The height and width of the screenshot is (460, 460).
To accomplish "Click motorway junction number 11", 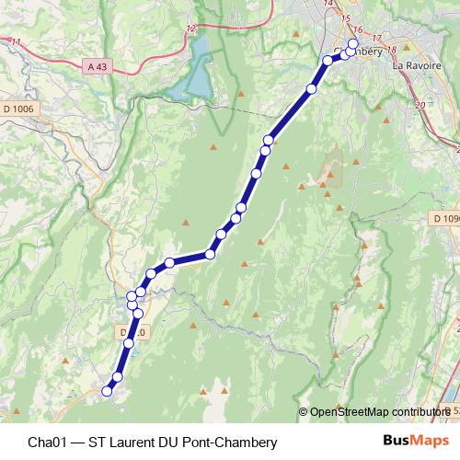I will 15,42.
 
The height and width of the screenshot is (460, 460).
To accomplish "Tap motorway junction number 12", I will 190,30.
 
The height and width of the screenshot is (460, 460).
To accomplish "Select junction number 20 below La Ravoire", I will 420,106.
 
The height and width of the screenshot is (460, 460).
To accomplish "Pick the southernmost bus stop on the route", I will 107,391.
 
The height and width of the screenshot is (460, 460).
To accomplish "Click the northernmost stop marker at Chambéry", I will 353,44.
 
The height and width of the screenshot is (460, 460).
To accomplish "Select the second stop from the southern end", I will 117,376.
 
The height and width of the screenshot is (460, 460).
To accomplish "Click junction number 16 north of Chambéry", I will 358,29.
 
